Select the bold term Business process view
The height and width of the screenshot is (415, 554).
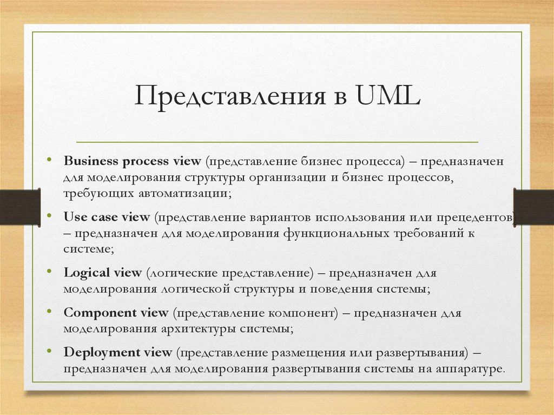pos(133,161)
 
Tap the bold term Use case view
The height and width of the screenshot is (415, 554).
pos(107,217)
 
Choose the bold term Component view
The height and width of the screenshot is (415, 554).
pos(116,312)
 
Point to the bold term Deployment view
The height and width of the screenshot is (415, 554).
pos(118,352)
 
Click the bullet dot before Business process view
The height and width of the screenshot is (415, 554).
pos(49,161)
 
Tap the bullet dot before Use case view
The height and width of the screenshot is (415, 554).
pos(49,216)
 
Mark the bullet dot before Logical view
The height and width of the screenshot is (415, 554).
pos(49,272)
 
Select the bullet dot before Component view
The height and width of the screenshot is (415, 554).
pos(49,312)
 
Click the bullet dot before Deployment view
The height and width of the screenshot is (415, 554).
pos(49,352)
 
